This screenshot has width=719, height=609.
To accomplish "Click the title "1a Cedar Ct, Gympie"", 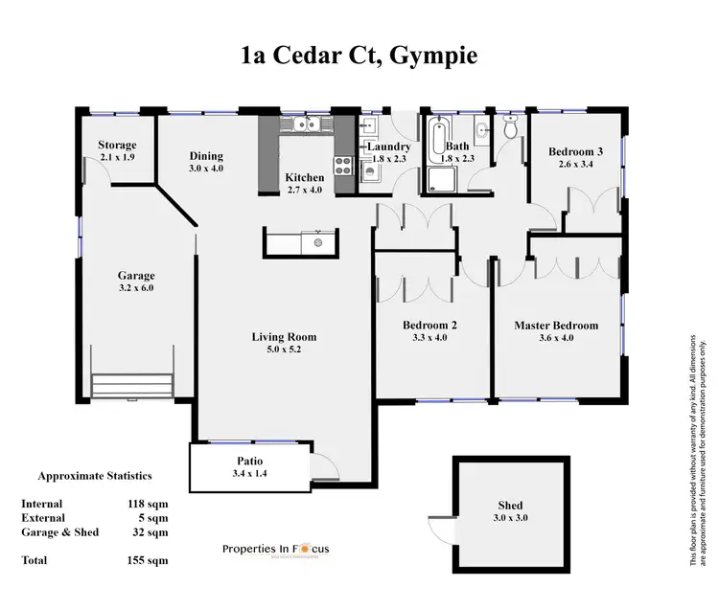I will coord(359,56).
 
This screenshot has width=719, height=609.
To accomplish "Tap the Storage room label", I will coord(118,146).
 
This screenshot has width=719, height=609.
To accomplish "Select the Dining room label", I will coord(206,156).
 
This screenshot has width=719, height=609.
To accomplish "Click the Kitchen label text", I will coord(305,177).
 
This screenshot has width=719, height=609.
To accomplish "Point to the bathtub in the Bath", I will coord(439,135).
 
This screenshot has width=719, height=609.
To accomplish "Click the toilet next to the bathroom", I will coord(510,127).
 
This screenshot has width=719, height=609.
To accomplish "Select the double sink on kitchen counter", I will coord(306,124).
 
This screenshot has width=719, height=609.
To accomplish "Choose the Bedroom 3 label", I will coord(575,151).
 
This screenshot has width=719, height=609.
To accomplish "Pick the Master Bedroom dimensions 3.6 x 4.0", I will coord(556,338).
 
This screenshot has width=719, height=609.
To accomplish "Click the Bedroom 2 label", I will coord(429,326).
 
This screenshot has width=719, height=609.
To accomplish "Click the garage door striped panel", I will coord(133,385).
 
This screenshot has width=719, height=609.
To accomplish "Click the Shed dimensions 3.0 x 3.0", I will coord(510,517).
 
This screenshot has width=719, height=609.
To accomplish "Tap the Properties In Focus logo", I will coord(275,549).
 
